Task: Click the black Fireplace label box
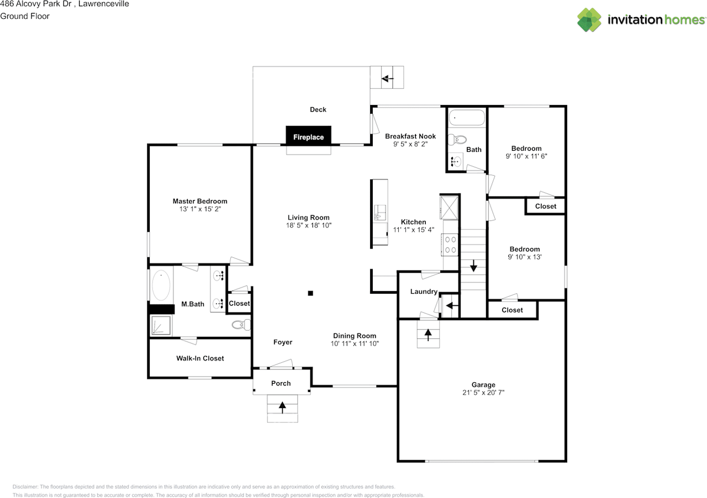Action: pyautogui.click(x=308, y=136)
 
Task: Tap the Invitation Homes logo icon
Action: pyautogui.click(x=589, y=20)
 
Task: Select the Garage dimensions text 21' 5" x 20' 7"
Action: pyautogui.click(x=483, y=393)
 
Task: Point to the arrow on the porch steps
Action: pyautogui.click(x=282, y=407)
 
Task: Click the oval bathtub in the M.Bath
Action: pyautogui.click(x=161, y=285)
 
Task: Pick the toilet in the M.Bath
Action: pyautogui.click(x=241, y=325)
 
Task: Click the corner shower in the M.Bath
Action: pyautogui.click(x=161, y=325)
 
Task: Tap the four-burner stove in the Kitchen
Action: pyautogui.click(x=450, y=245)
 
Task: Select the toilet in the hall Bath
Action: pyautogui.click(x=458, y=139)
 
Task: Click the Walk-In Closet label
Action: pyautogui.click(x=200, y=358)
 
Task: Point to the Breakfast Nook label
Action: pyautogui.click(x=410, y=136)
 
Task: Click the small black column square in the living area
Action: pyautogui.click(x=310, y=293)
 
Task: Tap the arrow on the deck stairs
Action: pyautogui.click(x=387, y=78)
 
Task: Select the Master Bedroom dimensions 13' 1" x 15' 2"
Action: pyautogui.click(x=200, y=209)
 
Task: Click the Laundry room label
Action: pyautogui.click(x=424, y=292)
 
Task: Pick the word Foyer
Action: pyautogui.click(x=283, y=342)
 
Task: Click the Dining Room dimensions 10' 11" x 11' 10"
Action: pyautogui.click(x=355, y=343)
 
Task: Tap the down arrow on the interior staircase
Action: pyautogui.click(x=473, y=266)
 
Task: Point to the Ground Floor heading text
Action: pyautogui.click(x=25, y=16)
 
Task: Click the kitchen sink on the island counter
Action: pyautogui.click(x=379, y=213)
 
